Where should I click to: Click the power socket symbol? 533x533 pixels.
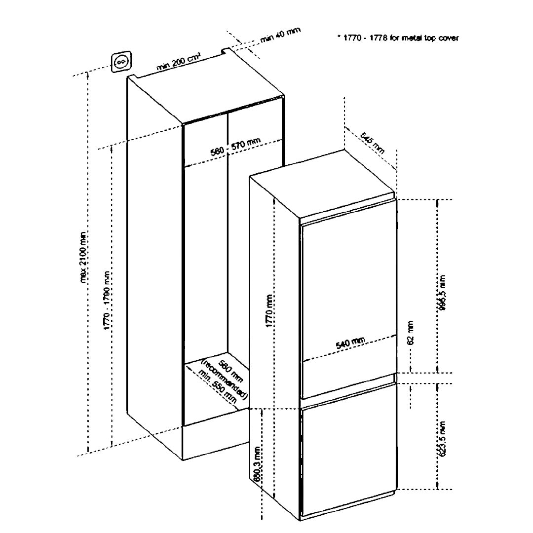(121, 62)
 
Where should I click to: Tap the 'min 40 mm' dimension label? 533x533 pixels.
(280, 37)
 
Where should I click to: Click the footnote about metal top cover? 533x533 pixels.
(398, 38)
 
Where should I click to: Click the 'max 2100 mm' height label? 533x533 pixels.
(83, 257)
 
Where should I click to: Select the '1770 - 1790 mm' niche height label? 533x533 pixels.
(107, 301)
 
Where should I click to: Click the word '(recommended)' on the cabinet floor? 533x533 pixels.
(225, 378)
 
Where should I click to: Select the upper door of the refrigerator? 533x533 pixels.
(348, 296)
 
